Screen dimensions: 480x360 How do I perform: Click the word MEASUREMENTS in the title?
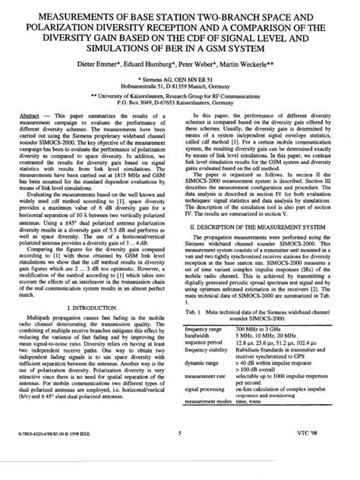coord(67,14)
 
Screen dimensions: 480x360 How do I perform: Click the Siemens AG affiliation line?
coord(179,77)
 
